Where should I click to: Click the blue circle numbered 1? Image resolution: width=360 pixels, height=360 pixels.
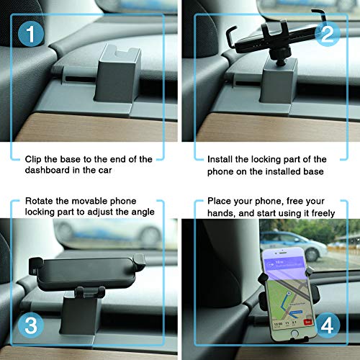coord(28,34)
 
